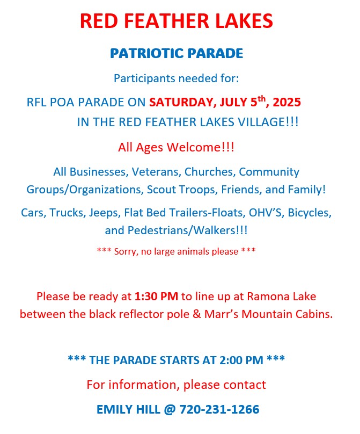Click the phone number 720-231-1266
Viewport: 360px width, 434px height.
tap(219, 409)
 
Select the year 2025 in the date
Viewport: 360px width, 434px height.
tap(286, 102)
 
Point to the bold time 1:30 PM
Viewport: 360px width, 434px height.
tap(156, 296)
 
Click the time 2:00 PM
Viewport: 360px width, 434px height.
tap(241, 360)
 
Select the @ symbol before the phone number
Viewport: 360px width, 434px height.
tap(170, 410)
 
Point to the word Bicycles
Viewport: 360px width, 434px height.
tap(310, 213)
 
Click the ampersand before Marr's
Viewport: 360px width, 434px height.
tap(196, 314)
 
